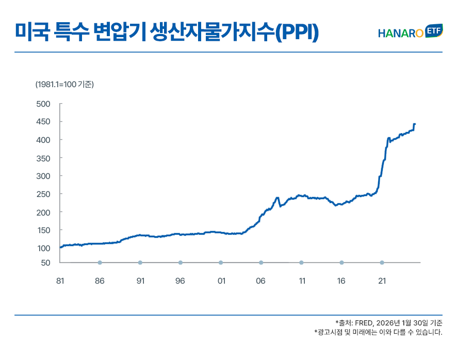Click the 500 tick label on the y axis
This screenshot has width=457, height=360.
43,104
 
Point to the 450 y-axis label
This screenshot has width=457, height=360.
43,122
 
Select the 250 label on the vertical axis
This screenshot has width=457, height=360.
43,194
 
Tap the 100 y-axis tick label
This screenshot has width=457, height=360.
43,248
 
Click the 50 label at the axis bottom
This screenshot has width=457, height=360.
45,263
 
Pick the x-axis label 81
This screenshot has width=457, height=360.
60,281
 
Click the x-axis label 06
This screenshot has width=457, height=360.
260,281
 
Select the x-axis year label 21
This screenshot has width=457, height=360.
382,281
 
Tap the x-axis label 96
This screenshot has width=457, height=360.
180,281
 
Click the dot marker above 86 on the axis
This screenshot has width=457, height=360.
100,263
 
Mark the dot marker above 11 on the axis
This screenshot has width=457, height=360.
301,263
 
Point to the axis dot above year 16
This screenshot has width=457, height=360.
341,263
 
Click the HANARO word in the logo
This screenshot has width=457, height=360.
400,34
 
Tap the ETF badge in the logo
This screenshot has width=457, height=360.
434,31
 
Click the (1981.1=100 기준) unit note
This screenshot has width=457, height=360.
64,84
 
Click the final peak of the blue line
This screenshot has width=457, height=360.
415,124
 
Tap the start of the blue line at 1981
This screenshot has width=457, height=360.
60,248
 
